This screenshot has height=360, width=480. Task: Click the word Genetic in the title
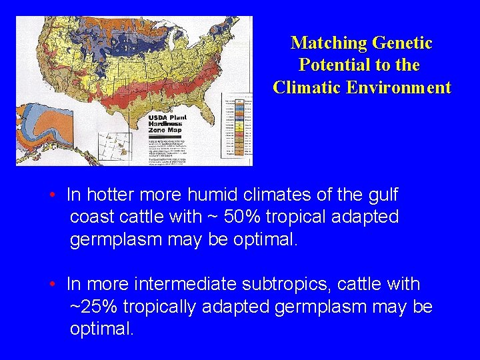coord(402,43)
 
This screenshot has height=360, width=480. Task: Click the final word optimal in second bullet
coord(101,329)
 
